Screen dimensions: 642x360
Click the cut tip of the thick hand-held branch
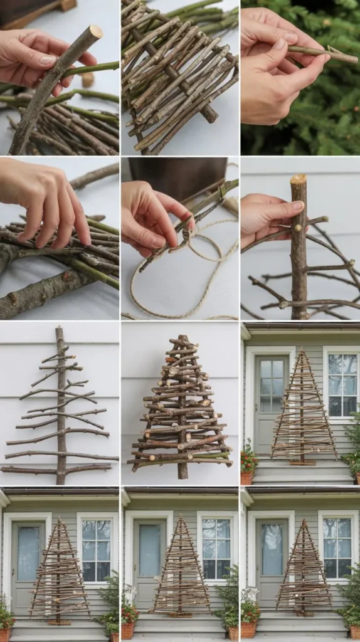95,31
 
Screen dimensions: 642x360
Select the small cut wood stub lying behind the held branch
88,80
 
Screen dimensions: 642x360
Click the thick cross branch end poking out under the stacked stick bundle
209,114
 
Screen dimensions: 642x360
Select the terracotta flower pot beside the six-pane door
247,478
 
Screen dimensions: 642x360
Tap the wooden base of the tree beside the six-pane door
302,462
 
